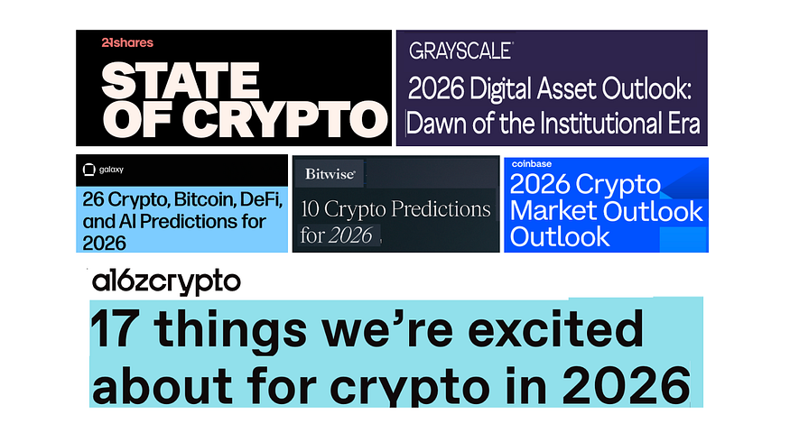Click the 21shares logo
pos(127,42)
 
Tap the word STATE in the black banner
pos(181,80)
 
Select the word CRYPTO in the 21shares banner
pos(285,119)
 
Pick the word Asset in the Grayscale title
pos(566,88)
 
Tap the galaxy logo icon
pos(88,170)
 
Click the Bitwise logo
pos(330,174)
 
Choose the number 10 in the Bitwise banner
pos(310,209)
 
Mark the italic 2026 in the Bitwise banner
pos(350,235)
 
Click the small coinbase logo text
pos(532,164)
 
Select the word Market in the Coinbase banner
pos(549,211)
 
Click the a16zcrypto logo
pos(166,282)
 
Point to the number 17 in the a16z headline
pos(114,330)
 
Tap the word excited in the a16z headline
pos(555,330)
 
